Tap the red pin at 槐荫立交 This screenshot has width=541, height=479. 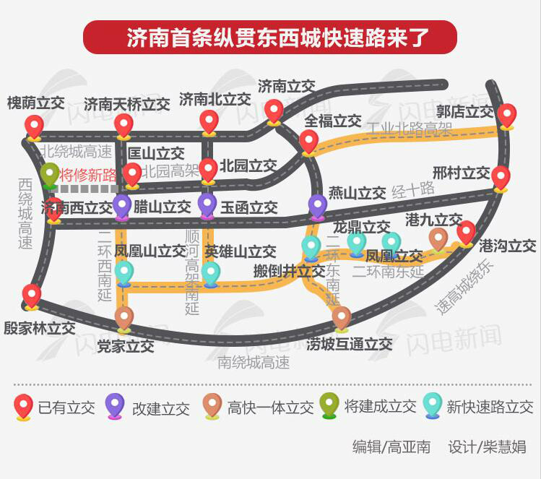34,127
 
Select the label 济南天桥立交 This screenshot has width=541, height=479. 126,104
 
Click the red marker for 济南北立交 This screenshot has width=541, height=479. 209,121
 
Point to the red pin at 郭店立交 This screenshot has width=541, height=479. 506,116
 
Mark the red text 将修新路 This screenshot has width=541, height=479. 88,175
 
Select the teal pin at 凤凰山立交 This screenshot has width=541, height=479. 124,273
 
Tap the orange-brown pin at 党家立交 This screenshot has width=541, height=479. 124,318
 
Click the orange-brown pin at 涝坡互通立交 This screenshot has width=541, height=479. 342,318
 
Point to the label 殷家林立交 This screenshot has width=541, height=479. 39,328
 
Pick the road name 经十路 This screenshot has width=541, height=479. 413,190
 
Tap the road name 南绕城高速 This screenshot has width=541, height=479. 254,362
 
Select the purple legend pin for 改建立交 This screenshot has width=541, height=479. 115,406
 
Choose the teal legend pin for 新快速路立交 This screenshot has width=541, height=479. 432,405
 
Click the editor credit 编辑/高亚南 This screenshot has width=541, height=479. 391,447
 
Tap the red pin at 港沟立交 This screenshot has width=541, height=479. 466,232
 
